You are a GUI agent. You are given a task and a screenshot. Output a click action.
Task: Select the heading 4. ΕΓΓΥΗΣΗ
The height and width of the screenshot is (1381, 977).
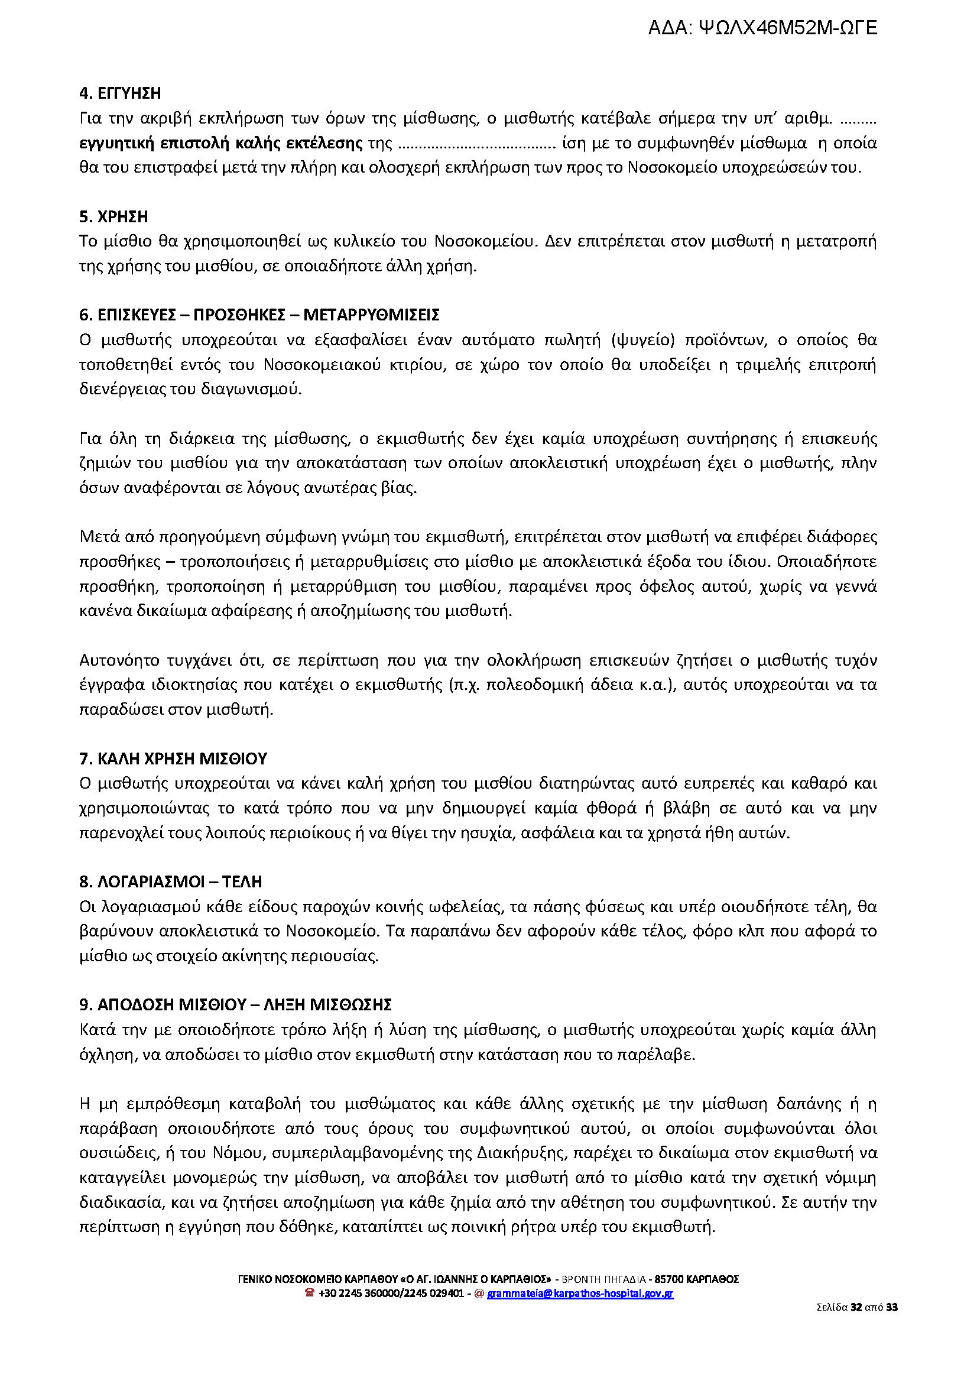[120, 93]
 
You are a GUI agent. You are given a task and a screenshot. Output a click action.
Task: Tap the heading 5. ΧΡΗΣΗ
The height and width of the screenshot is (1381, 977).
[113, 216]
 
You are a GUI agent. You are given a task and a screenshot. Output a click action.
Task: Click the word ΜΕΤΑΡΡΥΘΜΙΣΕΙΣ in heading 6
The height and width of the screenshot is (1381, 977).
[371, 315]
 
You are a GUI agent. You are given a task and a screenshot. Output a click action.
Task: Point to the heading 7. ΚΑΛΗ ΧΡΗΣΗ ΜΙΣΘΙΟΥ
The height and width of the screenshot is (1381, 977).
[173, 758]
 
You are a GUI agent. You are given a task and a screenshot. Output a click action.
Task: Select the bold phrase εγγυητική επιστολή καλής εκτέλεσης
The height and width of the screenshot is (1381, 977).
[221, 143]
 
